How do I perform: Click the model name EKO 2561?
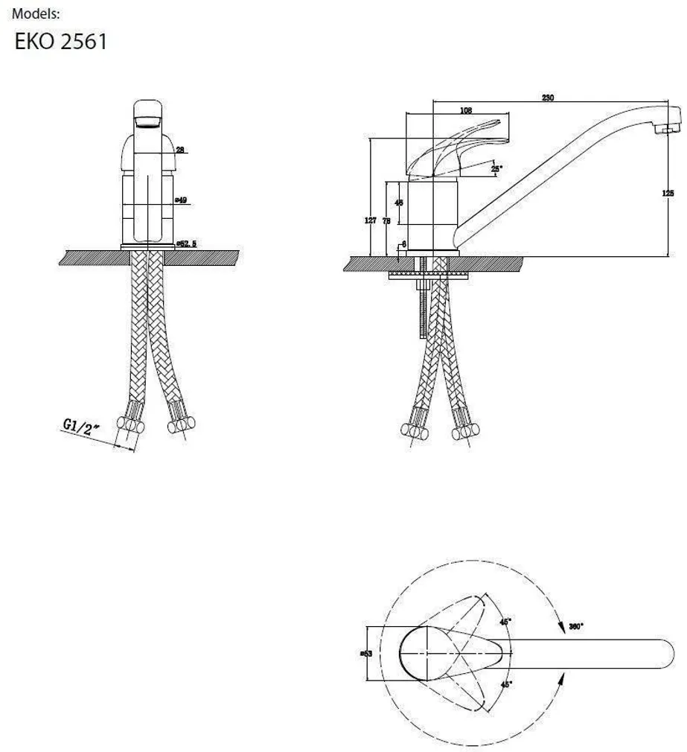[x=61, y=41]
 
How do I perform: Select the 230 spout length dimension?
[x=547, y=98]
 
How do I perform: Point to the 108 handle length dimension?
[x=467, y=111]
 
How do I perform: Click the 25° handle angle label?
[x=496, y=168]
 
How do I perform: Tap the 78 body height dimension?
[x=386, y=221]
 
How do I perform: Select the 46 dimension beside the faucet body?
[x=399, y=203]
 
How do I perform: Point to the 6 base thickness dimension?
[x=403, y=243]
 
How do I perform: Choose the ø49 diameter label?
[x=180, y=200]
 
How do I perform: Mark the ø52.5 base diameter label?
[x=186, y=243]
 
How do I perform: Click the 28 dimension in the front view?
[x=179, y=150]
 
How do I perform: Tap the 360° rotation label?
[x=575, y=626]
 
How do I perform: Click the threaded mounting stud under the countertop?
[x=421, y=305]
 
